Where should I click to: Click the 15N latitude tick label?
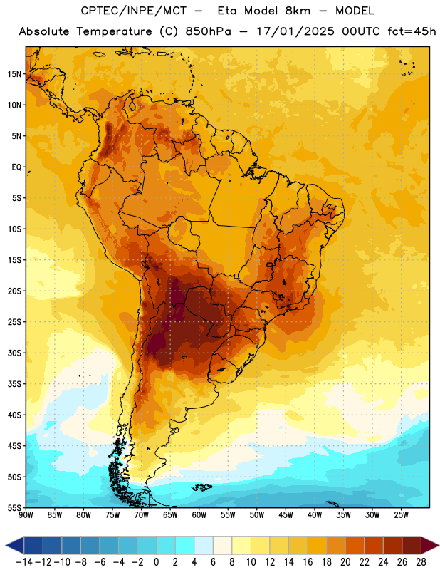point(14,74)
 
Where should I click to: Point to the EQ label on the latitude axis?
point(16,167)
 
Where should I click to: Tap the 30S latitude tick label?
point(14,353)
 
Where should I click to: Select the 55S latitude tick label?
point(14,508)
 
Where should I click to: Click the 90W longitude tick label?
point(26,515)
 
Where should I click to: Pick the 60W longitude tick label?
point(199,515)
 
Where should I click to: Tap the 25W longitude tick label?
point(401,515)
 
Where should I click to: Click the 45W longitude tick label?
point(286,515)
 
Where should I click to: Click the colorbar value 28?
point(421,562)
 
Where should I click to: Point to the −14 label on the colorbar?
point(24,562)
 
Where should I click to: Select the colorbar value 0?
point(157,562)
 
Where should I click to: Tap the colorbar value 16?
point(308,562)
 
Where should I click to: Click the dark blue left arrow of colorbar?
point(15,545)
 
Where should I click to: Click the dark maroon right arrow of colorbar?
point(431,545)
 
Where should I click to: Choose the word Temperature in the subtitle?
point(114,31)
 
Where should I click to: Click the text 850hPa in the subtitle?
point(208,31)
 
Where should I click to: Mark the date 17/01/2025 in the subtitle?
point(295,31)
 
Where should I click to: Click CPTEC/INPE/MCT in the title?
point(134,11)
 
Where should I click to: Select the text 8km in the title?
point(298,11)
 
